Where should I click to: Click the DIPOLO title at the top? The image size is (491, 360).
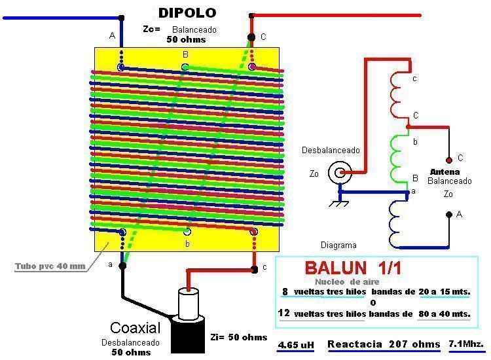187,12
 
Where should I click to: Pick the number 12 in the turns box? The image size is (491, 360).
284,314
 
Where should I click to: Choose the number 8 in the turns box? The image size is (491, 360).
285,292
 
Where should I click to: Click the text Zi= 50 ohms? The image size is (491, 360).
239,337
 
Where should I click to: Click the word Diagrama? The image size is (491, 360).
338,245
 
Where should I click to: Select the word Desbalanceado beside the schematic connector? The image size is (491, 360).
331,150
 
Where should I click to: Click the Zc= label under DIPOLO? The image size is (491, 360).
151,29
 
